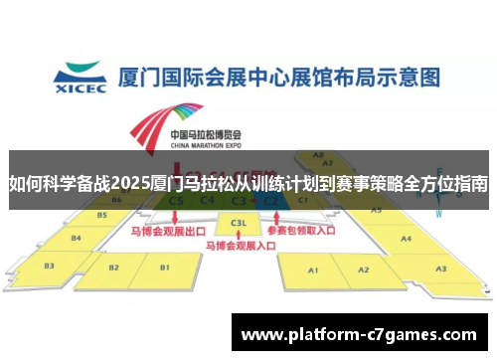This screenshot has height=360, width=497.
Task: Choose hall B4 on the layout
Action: tap(77, 237)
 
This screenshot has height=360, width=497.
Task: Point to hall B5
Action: tap(101, 215)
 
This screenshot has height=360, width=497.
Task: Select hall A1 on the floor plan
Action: tap(313, 270)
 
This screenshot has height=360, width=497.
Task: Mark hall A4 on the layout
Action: tap(406, 239)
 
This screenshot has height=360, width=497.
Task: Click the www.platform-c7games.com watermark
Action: tap(359, 335)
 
